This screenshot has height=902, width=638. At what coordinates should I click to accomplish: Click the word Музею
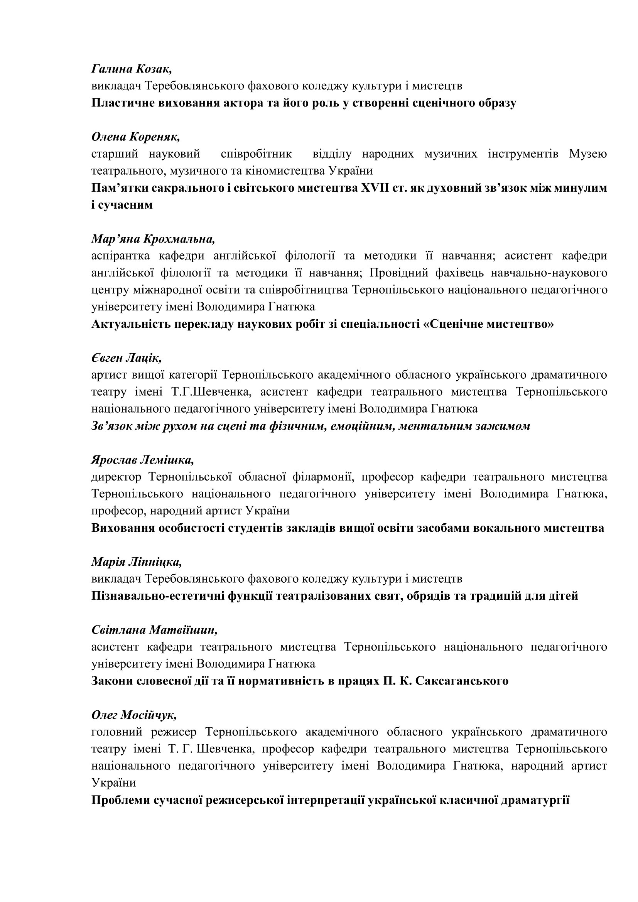(x=588, y=153)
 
